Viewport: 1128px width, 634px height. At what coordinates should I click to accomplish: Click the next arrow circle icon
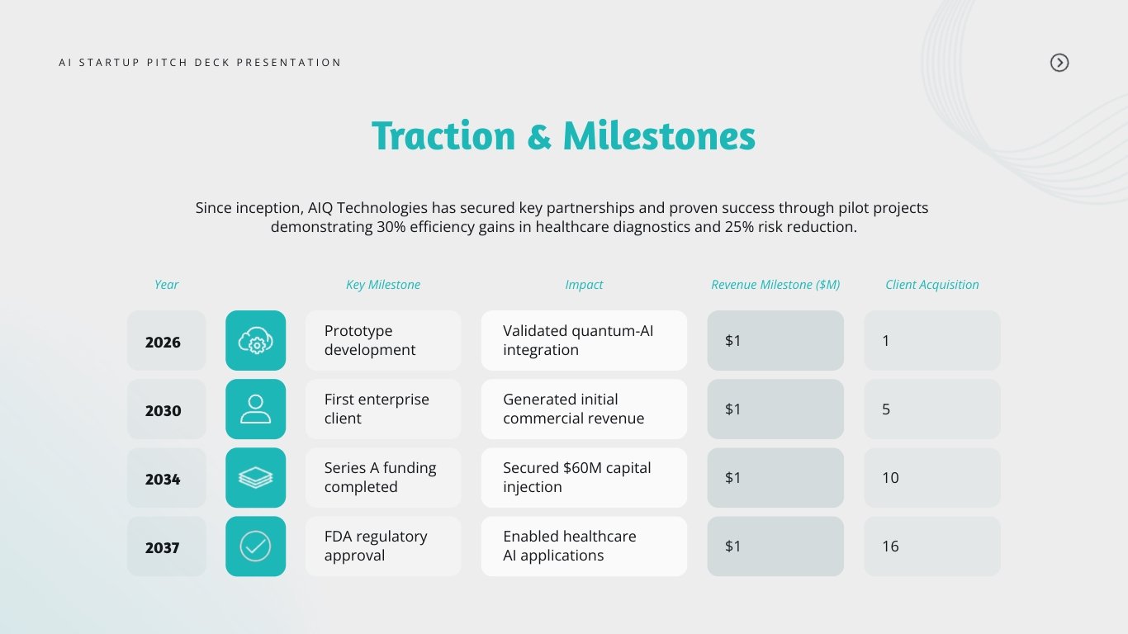(1059, 63)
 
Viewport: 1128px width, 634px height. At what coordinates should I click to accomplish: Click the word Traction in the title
(443, 136)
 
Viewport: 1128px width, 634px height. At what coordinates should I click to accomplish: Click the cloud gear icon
(255, 341)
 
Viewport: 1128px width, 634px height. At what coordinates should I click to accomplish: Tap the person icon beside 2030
(255, 409)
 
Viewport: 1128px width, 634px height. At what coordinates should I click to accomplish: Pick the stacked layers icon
(255, 478)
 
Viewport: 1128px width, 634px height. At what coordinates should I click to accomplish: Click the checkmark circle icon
(255, 546)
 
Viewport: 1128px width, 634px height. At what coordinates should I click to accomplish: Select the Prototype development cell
(382, 341)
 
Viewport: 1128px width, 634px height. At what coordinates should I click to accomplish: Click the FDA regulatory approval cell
(382, 546)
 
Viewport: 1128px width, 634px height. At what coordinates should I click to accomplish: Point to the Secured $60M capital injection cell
(583, 478)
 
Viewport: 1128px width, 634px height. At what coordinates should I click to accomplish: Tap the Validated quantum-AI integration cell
(583, 341)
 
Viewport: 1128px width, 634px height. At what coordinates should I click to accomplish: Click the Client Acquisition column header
(931, 285)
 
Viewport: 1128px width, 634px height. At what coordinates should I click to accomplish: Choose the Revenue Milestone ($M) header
(775, 285)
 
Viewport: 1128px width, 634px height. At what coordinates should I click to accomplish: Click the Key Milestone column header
(382, 285)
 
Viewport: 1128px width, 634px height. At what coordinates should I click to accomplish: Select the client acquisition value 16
(931, 546)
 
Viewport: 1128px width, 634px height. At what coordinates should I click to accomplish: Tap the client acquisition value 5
(931, 409)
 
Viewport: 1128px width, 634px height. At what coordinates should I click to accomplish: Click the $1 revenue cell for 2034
(775, 478)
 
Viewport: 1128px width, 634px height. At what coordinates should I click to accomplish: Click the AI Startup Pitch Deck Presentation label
(200, 63)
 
